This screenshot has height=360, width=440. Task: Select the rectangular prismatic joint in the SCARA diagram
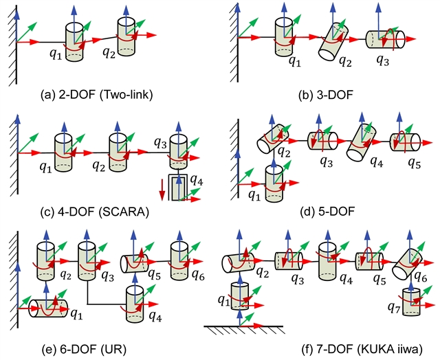click(179, 185)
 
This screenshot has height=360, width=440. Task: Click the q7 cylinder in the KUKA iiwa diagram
click(411, 300)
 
